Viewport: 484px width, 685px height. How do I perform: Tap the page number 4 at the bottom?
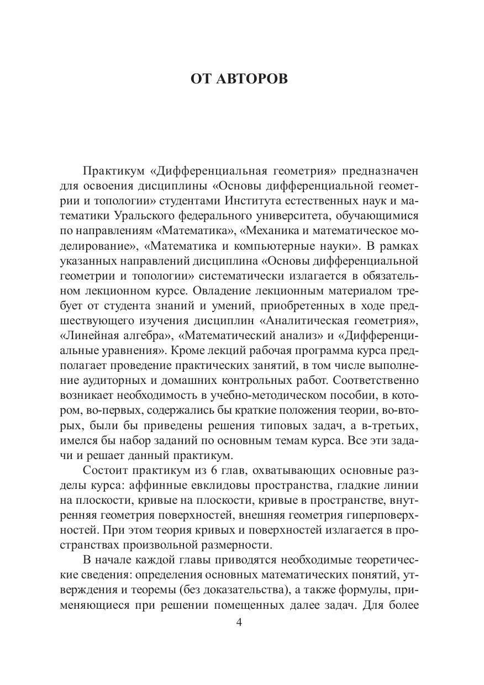[239, 623]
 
